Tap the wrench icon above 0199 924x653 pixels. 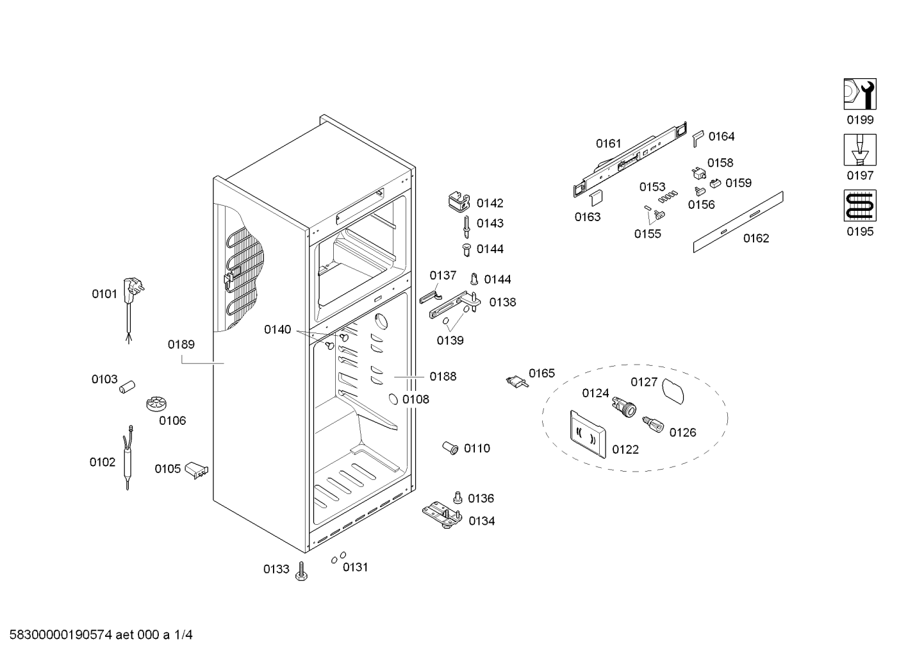click(x=859, y=94)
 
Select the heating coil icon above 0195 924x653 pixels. click(x=859, y=206)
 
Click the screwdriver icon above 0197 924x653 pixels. click(x=859, y=150)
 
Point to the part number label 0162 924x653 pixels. click(x=755, y=238)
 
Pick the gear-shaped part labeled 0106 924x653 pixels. click(x=156, y=404)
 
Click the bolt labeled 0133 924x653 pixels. click(x=301, y=570)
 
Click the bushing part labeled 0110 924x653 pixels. click(x=450, y=447)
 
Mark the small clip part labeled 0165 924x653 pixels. click(x=516, y=382)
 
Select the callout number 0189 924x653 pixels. click(x=181, y=345)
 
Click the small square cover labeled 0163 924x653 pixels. click(x=595, y=197)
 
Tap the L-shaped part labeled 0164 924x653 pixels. click(x=697, y=138)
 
